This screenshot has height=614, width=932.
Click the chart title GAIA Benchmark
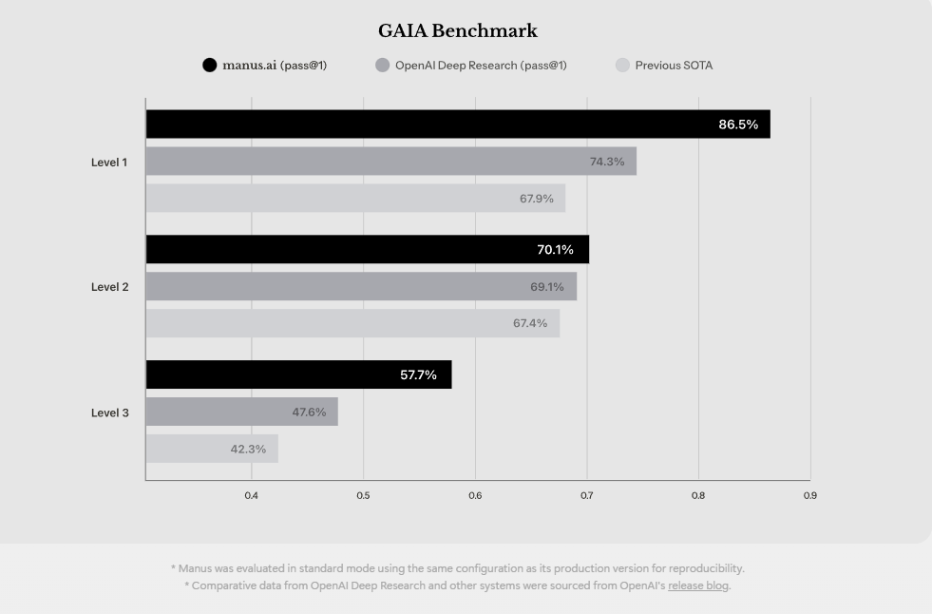[x=457, y=31]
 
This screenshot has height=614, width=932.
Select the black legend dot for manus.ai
[x=209, y=66]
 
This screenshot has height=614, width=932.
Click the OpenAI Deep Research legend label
[x=481, y=66]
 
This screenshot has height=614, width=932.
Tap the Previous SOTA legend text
[x=674, y=66]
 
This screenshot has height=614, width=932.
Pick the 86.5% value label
[x=738, y=125]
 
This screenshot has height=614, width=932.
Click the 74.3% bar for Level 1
[x=390, y=162]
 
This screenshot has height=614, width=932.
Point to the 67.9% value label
[x=536, y=199]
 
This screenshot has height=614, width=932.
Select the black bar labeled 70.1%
[x=367, y=250]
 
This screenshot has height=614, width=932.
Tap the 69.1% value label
[x=546, y=287]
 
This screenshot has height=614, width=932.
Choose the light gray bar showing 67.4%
[x=352, y=324]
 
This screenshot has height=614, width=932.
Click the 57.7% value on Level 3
[x=418, y=375]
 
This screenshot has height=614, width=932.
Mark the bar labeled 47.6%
[x=241, y=413]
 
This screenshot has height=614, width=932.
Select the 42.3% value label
[x=248, y=450]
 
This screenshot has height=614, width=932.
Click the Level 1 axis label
[x=109, y=163]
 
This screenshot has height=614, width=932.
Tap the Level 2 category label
[x=109, y=287]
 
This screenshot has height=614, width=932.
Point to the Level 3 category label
[x=109, y=413]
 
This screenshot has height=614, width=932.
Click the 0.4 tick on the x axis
[x=252, y=495]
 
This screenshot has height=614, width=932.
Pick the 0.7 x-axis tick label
[x=586, y=495]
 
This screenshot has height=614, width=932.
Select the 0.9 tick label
[x=809, y=495]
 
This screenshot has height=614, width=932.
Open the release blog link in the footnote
[x=698, y=585]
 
